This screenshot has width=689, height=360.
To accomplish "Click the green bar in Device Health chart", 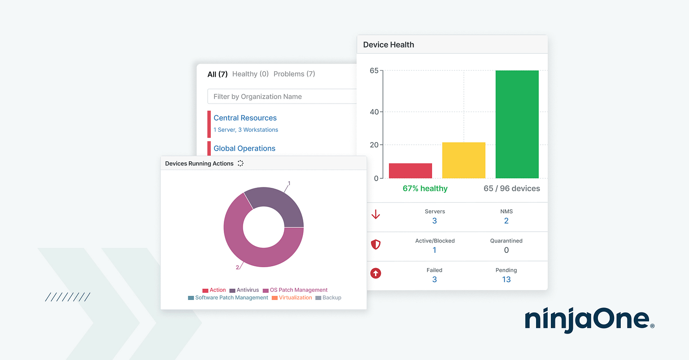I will (x=517, y=124).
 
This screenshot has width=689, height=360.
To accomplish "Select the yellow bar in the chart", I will (x=463, y=160).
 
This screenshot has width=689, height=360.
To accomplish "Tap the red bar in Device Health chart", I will (x=410, y=171).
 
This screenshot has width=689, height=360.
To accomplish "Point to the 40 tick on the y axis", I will (x=374, y=112).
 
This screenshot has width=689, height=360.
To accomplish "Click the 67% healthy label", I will (x=425, y=189).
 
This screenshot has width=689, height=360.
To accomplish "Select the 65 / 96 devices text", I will (x=511, y=189).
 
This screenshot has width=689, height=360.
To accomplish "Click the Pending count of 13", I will (x=506, y=280).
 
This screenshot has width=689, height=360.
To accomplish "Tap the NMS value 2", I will (x=506, y=221).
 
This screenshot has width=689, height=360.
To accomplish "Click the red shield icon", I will (x=376, y=244).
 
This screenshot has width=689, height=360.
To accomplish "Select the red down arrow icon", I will (x=376, y=215).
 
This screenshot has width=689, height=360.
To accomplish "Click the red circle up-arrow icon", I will (x=376, y=273).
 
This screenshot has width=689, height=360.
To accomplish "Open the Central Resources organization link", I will (x=245, y=118).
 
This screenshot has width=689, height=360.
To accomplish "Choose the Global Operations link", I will (x=244, y=148).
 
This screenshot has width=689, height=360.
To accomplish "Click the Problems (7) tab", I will (x=294, y=74).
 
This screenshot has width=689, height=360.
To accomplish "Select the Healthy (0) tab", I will (x=250, y=74).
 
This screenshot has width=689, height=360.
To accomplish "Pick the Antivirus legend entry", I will (x=244, y=290).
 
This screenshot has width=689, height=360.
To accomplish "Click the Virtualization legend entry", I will (x=292, y=298).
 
